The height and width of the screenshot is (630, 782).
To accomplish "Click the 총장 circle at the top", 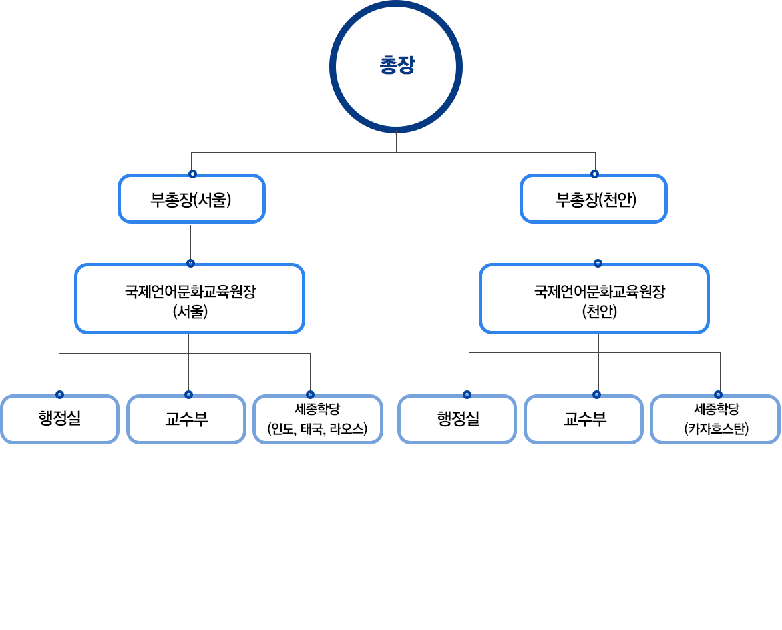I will click(396, 67).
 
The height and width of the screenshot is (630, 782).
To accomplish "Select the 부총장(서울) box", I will click(192, 199).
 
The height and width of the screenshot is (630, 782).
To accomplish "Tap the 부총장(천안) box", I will click(594, 199).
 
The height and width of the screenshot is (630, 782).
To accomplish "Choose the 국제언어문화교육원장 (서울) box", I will click(190, 299).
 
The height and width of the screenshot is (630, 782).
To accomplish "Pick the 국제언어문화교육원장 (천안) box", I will click(594, 299).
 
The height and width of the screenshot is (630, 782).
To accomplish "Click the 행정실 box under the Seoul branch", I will click(60, 419).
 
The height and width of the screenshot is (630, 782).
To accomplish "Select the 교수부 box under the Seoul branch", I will click(186, 419).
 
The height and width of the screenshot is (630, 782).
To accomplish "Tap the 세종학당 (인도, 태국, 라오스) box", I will click(317, 419).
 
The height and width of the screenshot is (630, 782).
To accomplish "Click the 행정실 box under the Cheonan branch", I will click(458, 419).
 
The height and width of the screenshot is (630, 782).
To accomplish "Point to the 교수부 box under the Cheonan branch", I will click(584, 419).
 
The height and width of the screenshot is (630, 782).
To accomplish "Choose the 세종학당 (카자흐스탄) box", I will click(715, 419).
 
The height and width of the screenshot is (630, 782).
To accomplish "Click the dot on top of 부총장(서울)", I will click(192, 174).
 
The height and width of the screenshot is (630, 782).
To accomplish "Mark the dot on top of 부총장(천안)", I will click(594, 174).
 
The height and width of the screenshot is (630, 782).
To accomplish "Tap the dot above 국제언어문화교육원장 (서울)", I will click(190, 263).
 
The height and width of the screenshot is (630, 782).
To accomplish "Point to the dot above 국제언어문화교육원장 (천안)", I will click(598, 263).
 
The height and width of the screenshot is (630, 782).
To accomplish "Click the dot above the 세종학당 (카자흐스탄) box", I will click(718, 394).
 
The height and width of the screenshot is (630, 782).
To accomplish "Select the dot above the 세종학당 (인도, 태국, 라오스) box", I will click(310, 394).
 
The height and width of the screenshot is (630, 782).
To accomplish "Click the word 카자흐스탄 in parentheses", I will click(717, 429).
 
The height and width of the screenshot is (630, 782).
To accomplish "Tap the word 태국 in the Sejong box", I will click(311, 429).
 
